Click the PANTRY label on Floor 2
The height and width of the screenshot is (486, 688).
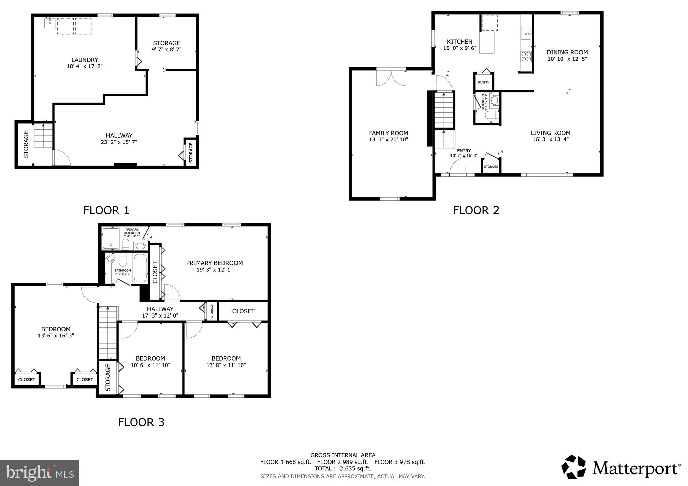483,82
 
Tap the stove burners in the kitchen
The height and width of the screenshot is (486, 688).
526,57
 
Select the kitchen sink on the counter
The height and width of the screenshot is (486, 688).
526,34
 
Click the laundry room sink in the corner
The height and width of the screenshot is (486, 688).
50,23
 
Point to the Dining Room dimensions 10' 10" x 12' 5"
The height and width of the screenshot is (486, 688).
567,59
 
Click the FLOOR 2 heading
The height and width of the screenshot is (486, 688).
476,210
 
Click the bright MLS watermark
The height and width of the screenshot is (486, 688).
39,473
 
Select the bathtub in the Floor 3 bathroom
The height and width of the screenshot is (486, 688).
140,268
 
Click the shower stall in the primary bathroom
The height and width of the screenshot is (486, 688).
111,239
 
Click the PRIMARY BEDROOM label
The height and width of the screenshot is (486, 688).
214,263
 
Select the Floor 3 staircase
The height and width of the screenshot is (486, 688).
107,332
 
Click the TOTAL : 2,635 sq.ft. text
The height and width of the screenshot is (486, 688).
343,468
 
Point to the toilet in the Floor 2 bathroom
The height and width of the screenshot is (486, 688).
490,115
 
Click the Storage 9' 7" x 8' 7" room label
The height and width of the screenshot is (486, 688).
166,46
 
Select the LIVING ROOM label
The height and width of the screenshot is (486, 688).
551,133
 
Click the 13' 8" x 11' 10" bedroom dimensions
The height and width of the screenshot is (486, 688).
226,365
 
